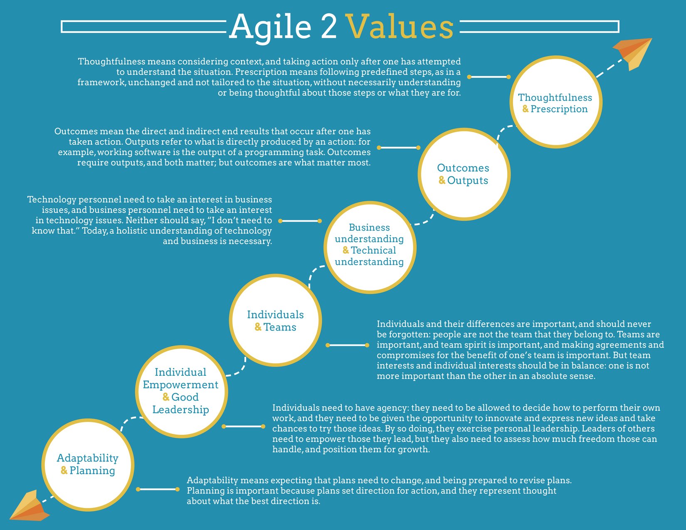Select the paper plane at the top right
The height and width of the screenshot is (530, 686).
pyautogui.click(x=634, y=52)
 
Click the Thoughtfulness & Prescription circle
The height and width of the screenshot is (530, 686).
pyautogui.click(x=555, y=102)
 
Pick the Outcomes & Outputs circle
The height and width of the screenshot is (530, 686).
pyautogui.click(x=464, y=174)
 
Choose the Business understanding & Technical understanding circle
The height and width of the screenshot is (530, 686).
pyautogui.click(x=369, y=247)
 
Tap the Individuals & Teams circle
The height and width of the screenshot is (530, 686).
pyautogui.click(x=275, y=320)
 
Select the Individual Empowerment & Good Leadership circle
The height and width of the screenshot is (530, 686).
pyautogui.click(x=181, y=391)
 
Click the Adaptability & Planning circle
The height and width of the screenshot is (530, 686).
pyautogui.click(x=88, y=464)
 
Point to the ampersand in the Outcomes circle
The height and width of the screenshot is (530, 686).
pyautogui.click(x=442, y=180)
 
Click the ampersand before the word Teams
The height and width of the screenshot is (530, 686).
pyautogui.click(x=258, y=327)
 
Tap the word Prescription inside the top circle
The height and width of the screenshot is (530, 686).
pyautogui.click(x=559, y=109)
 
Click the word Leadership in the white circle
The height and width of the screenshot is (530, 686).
pyautogui.click(x=181, y=409)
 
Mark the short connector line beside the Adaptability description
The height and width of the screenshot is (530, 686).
pyautogui.click(x=158, y=489)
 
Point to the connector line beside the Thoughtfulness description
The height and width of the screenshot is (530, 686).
pyautogui.click(x=489, y=77)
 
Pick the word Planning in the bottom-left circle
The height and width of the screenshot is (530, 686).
pyautogui.click(x=92, y=471)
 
